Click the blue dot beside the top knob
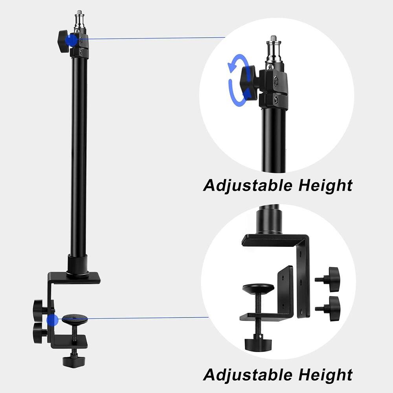tap(71, 39)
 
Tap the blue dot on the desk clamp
tap(51, 320)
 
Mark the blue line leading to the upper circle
tap(157, 38)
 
